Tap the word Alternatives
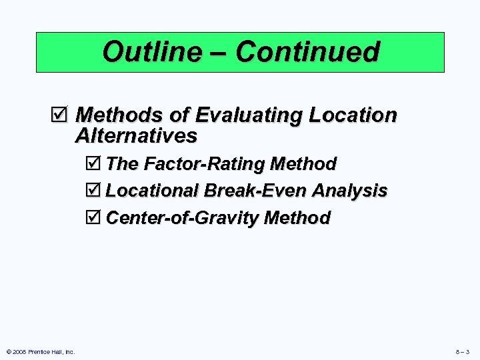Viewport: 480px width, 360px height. tap(136, 136)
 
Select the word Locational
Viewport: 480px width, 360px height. tap(153, 191)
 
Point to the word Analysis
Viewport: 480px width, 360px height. tap(349, 191)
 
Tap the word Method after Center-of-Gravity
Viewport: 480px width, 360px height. tap(297, 218)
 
